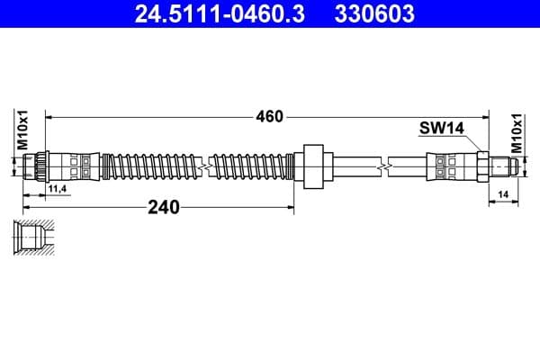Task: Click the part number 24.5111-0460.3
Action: pos(220,13)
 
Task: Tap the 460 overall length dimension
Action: pos(269,116)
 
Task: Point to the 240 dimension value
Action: pos(163,207)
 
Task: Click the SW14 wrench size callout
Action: pos(441,129)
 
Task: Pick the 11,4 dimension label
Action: pos(58,188)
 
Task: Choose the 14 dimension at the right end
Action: pos(503,193)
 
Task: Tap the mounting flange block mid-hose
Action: pos(313,166)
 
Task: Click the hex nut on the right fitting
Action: pos(481,166)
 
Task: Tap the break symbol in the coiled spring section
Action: pos(209,166)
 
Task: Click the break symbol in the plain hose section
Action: pos(385,166)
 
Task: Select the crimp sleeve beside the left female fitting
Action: pos(74,166)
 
